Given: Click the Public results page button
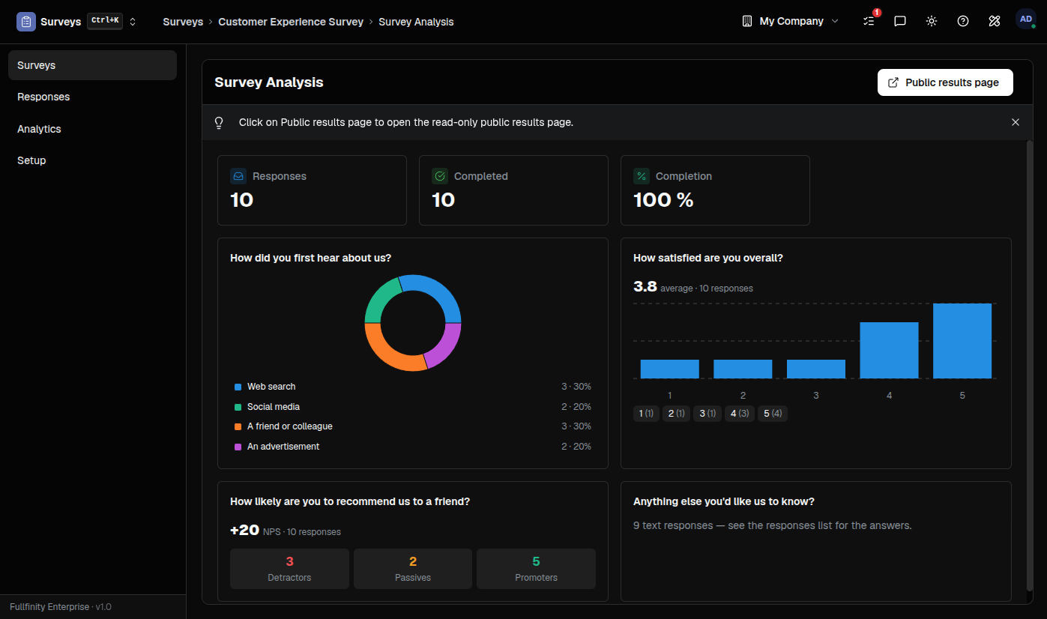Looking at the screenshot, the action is pos(944,82).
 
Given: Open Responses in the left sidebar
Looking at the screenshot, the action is pos(43,97).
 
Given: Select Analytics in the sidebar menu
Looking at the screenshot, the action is pos(39,129).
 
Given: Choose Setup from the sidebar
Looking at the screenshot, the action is pos(31,160).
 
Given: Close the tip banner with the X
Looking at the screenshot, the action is pos(1016,122).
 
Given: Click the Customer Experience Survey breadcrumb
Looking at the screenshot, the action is pos(291,22).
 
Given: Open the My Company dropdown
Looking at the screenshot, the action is pos(791,21).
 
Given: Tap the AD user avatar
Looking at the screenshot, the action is pos(1025,19).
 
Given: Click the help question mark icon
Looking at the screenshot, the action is pos(963,21).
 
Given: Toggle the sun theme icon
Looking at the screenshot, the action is pos(931,21).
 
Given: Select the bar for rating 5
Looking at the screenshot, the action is pos(962,341).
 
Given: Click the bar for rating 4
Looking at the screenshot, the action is pos(889,350).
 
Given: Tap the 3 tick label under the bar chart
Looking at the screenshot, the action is pos(816,396).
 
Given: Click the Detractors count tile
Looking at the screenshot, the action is pos(289,569).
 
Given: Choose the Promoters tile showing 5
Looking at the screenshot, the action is pos(536,569).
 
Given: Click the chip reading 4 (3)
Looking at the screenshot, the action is pos(740,413).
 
